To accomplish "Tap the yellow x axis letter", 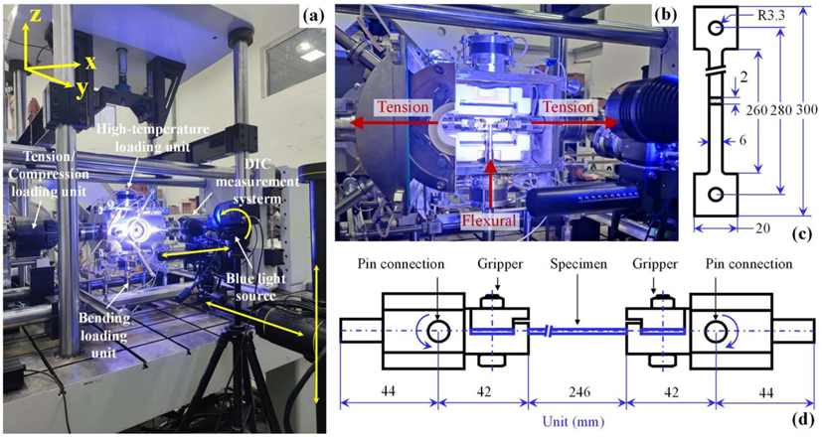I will coord(89,62).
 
